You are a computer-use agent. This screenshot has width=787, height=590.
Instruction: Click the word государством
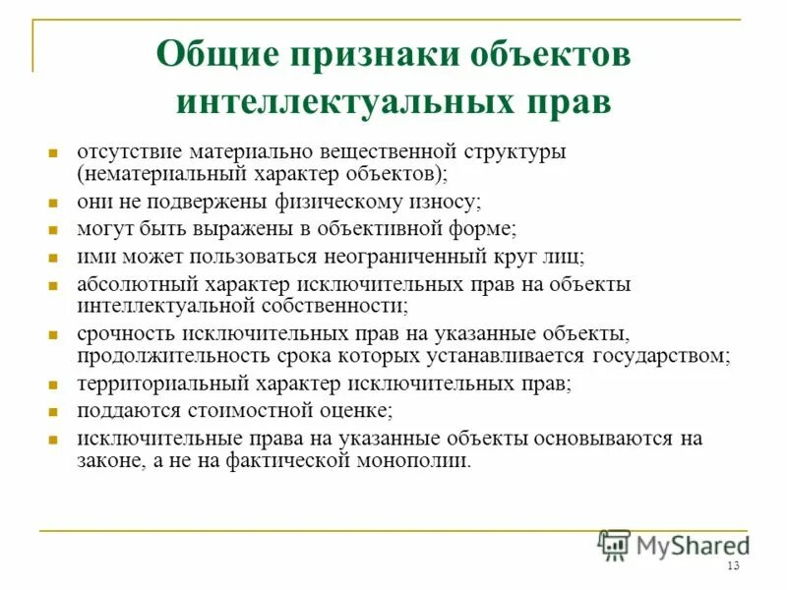point(660,354)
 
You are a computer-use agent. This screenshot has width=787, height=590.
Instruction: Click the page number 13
point(732,567)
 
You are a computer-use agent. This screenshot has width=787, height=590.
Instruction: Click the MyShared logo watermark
point(674,544)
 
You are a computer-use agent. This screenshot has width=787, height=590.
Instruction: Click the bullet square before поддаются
point(55,410)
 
